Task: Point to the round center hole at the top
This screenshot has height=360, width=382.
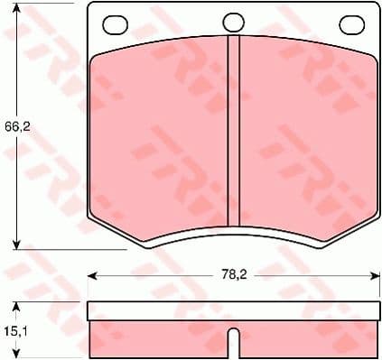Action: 233,23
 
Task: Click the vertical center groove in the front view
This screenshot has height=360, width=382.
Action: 233,135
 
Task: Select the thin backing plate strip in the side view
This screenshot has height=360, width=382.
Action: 233,310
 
